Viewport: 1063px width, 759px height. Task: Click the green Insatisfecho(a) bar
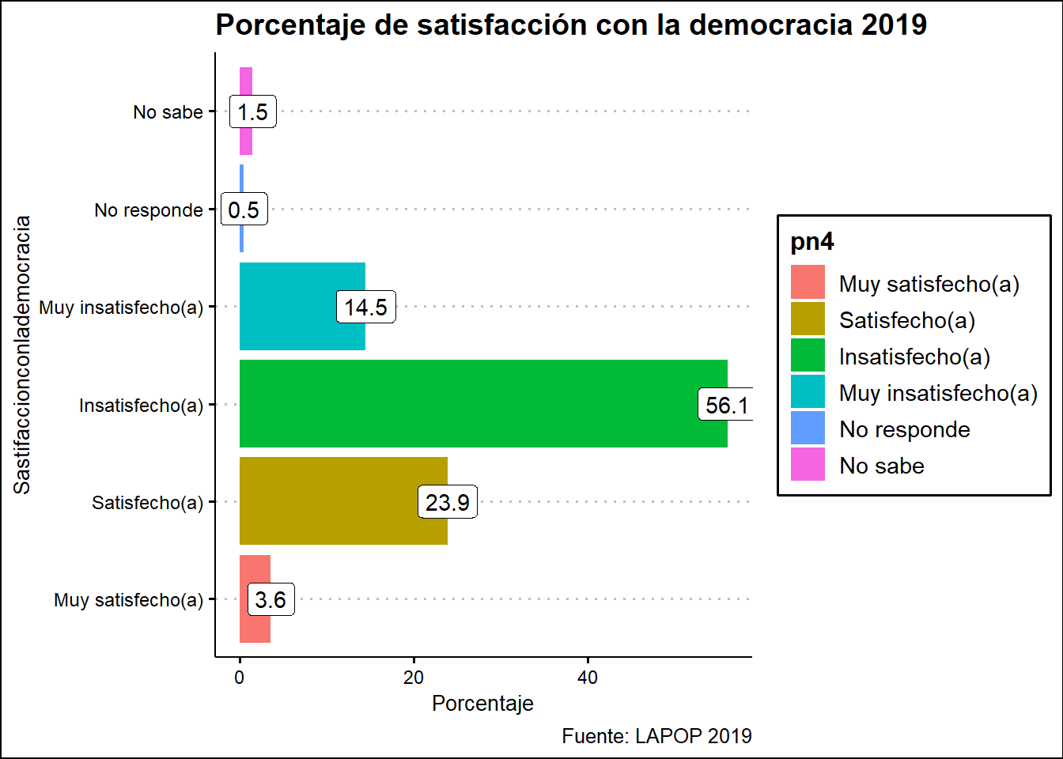pos(475,404)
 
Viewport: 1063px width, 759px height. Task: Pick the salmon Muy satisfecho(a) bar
pos(255,625)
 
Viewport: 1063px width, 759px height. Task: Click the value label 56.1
pos(726,406)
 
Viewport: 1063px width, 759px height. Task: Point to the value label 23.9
pos(447,503)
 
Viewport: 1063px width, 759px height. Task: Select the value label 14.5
pos(365,308)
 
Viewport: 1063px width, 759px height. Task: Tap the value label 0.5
pos(244,210)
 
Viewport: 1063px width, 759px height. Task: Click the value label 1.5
pos(252,112)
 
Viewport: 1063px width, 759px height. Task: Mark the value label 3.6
pos(270,600)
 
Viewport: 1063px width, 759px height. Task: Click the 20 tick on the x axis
pos(414,678)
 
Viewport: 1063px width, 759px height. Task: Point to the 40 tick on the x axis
pos(588,678)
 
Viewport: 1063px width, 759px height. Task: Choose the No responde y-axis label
pos(149,210)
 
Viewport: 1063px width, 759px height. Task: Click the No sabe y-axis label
pos(168,112)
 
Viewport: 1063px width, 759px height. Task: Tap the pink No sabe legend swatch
pos(808,465)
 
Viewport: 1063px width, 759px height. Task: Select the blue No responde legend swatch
pos(808,429)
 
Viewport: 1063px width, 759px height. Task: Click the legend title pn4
pos(812,242)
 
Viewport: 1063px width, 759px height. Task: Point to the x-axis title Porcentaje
pos(482,704)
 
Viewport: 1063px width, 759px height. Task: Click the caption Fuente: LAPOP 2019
pos(656,736)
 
